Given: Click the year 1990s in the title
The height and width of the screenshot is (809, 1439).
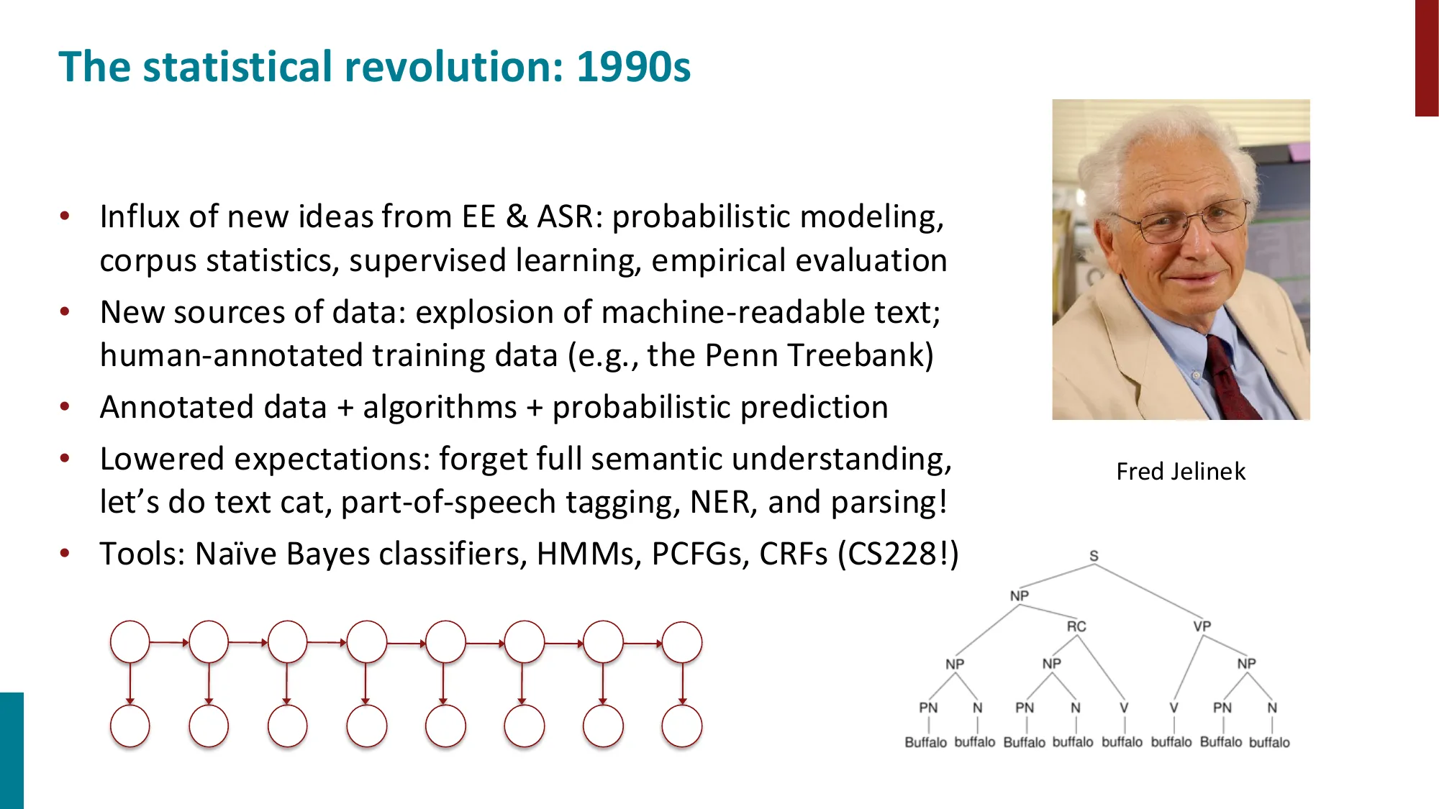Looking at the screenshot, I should click(x=633, y=67).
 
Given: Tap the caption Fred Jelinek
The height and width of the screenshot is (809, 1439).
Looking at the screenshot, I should click(x=1180, y=472).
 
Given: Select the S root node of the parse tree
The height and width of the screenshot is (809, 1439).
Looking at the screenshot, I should click(x=1094, y=556).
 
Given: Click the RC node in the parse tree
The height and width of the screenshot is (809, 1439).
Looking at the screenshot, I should click(x=1076, y=626).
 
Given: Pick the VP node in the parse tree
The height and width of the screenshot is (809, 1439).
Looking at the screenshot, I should click(x=1202, y=626).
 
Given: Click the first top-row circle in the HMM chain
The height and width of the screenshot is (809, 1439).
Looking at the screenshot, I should click(x=130, y=642).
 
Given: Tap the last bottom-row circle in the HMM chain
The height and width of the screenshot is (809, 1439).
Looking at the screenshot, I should click(x=681, y=726).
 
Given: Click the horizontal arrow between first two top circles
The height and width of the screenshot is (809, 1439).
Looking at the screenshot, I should click(x=169, y=642).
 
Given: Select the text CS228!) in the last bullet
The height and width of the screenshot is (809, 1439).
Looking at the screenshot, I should click(x=898, y=554).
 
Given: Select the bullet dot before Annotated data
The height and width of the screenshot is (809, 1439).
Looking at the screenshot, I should click(x=65, y=407).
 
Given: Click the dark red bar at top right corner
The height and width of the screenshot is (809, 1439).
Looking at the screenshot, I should click(x=1426, y=58).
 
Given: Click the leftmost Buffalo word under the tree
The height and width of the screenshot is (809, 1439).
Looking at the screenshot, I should click(x=925, y=742).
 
